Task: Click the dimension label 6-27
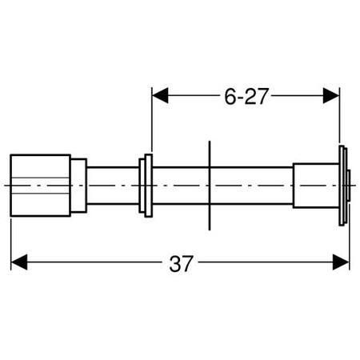coord(246,96)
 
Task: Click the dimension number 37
coord(181,263)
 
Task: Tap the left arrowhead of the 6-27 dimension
coord(160,95)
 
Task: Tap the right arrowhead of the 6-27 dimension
coord(331,95)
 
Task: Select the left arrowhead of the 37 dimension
coord(19,262)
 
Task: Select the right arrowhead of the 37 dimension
coord(341,262)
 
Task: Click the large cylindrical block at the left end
coord(40,186)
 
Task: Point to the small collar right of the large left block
coord(78,186)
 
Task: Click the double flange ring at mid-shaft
coord(146,186)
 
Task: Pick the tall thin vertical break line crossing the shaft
coord(210,186)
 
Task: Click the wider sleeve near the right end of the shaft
coord(316,186)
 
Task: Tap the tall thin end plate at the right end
coord(342,186)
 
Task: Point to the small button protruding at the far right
coord(349,186)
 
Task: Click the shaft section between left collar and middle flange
coord(113,186)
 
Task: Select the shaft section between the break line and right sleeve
coord(252,186)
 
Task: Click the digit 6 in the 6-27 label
coord(230,96)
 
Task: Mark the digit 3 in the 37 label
coord(174,264)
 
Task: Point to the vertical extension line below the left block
coord(11,245)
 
